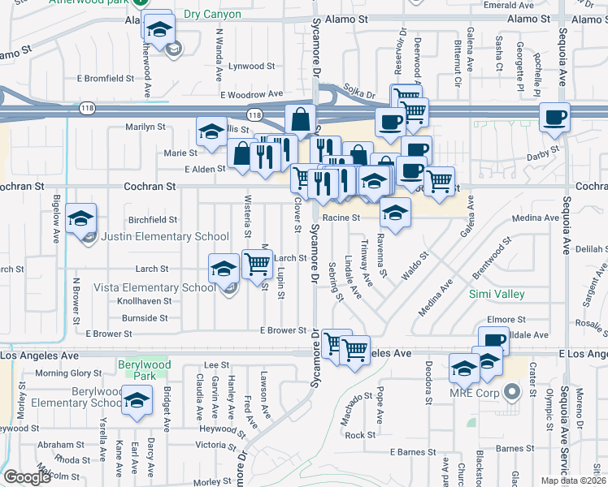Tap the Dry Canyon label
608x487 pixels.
click(x=189, y=15)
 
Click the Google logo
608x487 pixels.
click(x=26, y=477)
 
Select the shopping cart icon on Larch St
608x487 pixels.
click(x=257, y=263)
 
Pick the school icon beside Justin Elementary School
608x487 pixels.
click(x=82, y=218)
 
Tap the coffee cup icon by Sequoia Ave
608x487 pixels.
click(x=555, y=117)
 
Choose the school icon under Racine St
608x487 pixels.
click(x=396, y=213)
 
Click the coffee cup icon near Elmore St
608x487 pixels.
click(x=493, y=339)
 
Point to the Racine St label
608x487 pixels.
click(x=341, y=218)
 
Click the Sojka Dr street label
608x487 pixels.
click(x=358, y=94)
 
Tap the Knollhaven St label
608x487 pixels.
click(x=143, y=300)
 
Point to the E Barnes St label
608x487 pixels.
click(x=414, y=451)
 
